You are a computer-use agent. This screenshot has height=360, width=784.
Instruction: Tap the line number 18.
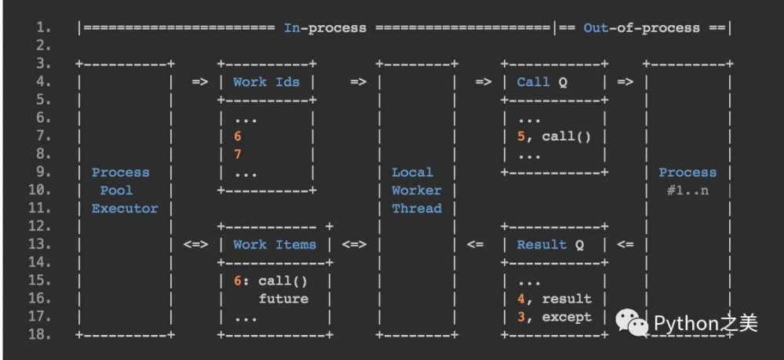point(39,334)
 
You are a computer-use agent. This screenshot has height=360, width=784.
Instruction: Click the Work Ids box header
point(267,82)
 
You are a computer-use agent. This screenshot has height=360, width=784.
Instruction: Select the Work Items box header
point(275,245)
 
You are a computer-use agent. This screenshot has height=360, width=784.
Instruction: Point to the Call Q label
point(542,82)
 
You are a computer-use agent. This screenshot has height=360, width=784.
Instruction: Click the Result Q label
point(550,245)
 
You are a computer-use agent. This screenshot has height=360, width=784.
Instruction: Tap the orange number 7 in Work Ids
point(238,155)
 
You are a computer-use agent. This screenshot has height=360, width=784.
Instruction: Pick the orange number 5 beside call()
point(521,136)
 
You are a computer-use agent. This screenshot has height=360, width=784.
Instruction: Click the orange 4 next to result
point(521,299)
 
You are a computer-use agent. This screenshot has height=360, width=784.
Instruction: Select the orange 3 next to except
point(521,317)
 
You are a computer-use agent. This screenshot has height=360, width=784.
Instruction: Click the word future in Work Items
point(283,299)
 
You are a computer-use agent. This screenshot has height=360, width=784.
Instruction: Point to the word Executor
point(125,209)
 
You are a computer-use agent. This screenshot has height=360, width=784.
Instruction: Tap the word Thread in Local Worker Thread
point(417,209)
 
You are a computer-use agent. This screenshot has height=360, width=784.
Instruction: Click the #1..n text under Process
point(687,191)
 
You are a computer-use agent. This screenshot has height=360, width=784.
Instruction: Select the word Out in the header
point(596,28)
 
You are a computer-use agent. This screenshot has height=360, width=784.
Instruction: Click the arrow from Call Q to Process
point(625,82)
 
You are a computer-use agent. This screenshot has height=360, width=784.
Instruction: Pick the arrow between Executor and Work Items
point(195,245)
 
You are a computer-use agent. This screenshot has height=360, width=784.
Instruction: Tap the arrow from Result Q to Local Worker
point(475,245)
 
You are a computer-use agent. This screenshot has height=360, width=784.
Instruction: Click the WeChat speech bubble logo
point(633,322)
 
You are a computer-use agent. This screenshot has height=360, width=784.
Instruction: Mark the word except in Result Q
point(567,317)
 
